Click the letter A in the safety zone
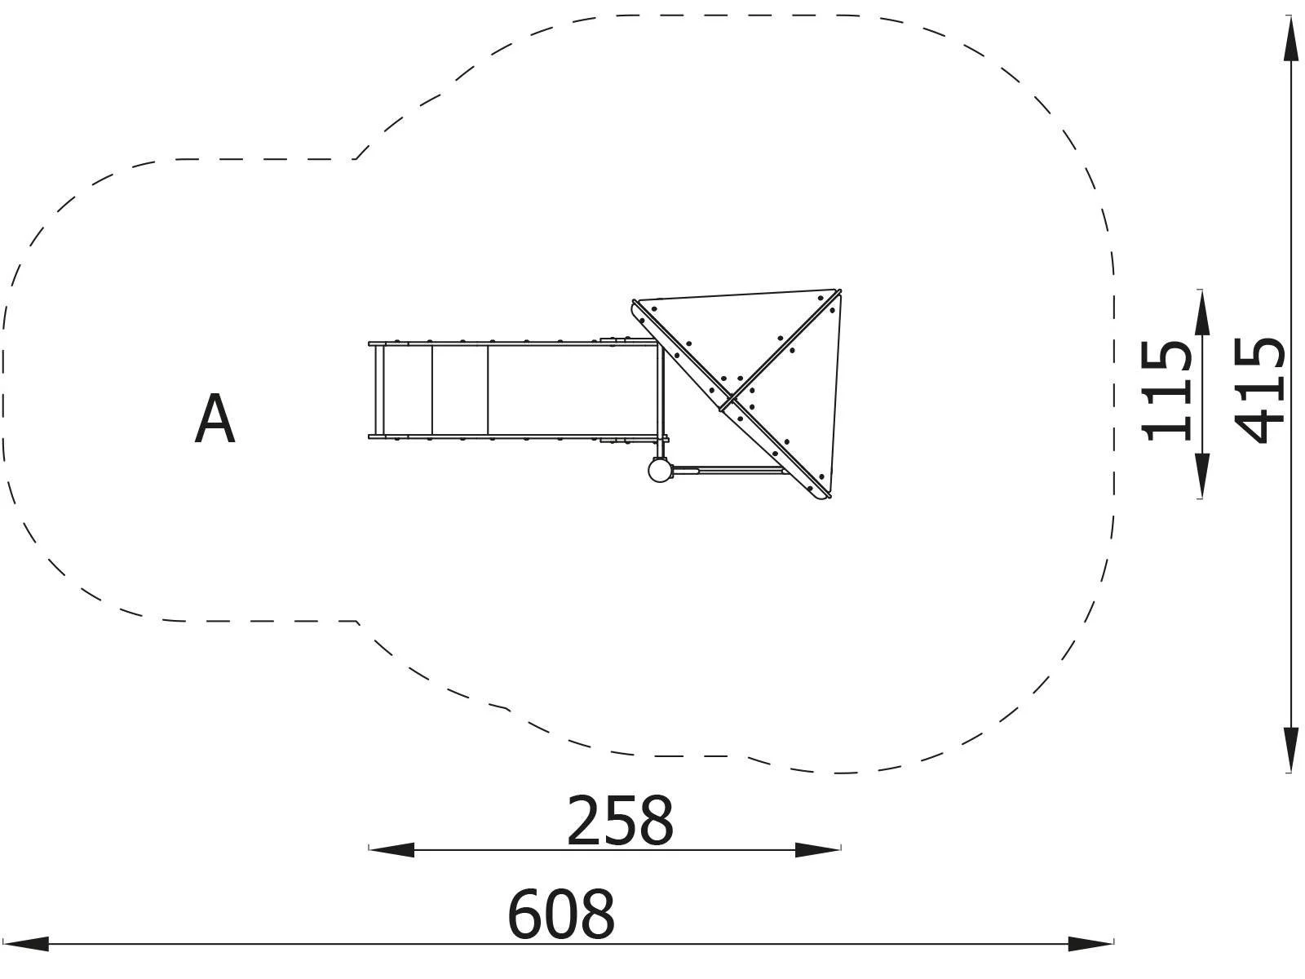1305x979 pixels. click(215, 419)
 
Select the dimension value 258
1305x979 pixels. click(620, 821)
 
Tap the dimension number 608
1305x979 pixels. click(561, 915)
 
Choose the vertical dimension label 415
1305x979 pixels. click(1260, 391)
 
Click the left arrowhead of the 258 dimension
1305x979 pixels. click(392, 850)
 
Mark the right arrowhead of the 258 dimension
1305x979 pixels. click(817, 850)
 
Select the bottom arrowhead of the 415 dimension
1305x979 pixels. click(1290, 749)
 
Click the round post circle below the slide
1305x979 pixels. click(660, 470)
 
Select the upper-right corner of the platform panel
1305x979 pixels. click(838, 291)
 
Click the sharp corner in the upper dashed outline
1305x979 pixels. click(355, 158)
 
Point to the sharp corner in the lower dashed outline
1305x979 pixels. click(357, 622)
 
